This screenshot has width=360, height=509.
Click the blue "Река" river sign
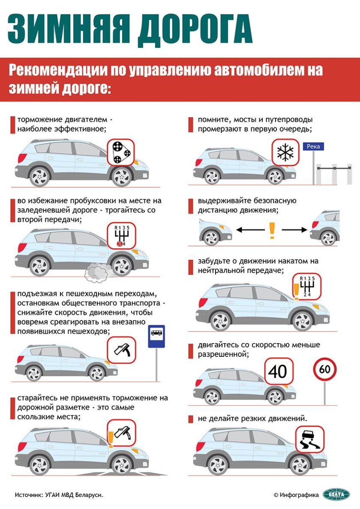314,147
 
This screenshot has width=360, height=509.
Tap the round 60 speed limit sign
325,370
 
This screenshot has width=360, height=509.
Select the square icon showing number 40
278,371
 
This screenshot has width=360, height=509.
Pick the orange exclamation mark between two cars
271,231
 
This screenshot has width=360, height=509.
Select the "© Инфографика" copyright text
296,494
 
